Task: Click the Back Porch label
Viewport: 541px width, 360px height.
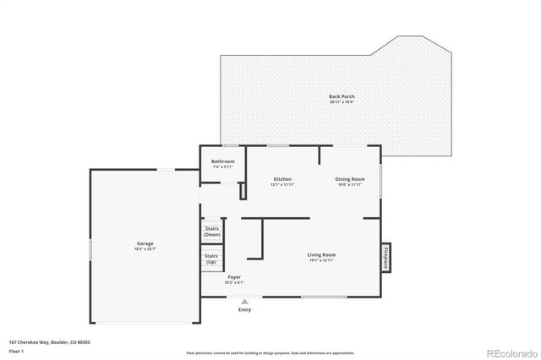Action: (342, 96)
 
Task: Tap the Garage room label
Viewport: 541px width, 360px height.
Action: (145, 244)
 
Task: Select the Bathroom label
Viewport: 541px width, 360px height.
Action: (223, 161)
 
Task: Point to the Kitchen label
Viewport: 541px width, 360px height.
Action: (282, 179)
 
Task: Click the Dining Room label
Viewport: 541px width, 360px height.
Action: (350, 179)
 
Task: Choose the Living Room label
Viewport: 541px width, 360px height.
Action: (321, 254)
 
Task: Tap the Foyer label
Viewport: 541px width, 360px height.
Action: (234, 276)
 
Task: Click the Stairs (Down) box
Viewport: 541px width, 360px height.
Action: (212, 231)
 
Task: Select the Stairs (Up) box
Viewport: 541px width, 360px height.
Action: (212, 258)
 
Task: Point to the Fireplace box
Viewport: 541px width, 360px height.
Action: (385, 257)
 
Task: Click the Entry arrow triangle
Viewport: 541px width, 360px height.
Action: (244, 302)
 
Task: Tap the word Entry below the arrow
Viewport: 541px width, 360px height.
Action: (244, 310)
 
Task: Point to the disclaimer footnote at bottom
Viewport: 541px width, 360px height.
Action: (270, 352)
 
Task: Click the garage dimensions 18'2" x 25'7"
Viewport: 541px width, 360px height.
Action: (145, 249)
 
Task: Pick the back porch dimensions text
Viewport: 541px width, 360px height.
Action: (342, 102)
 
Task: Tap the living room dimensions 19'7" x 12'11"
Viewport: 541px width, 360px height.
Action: (321, 260)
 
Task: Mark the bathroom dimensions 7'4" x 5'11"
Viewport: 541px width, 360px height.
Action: (223, 166)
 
